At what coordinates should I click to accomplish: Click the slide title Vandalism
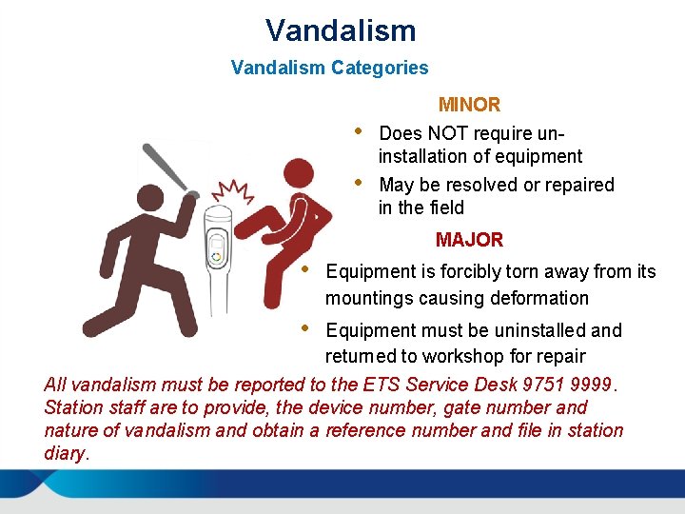click(x=341, y=30)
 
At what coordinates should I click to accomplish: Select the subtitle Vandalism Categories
click(x=329, y=69)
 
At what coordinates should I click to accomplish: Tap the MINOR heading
click(x=469, y=105)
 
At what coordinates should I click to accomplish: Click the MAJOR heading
click(x=469, y=240)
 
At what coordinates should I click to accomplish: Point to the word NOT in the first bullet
click(x=448, y=133)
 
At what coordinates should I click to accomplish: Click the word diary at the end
click(x=64, y=453)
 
